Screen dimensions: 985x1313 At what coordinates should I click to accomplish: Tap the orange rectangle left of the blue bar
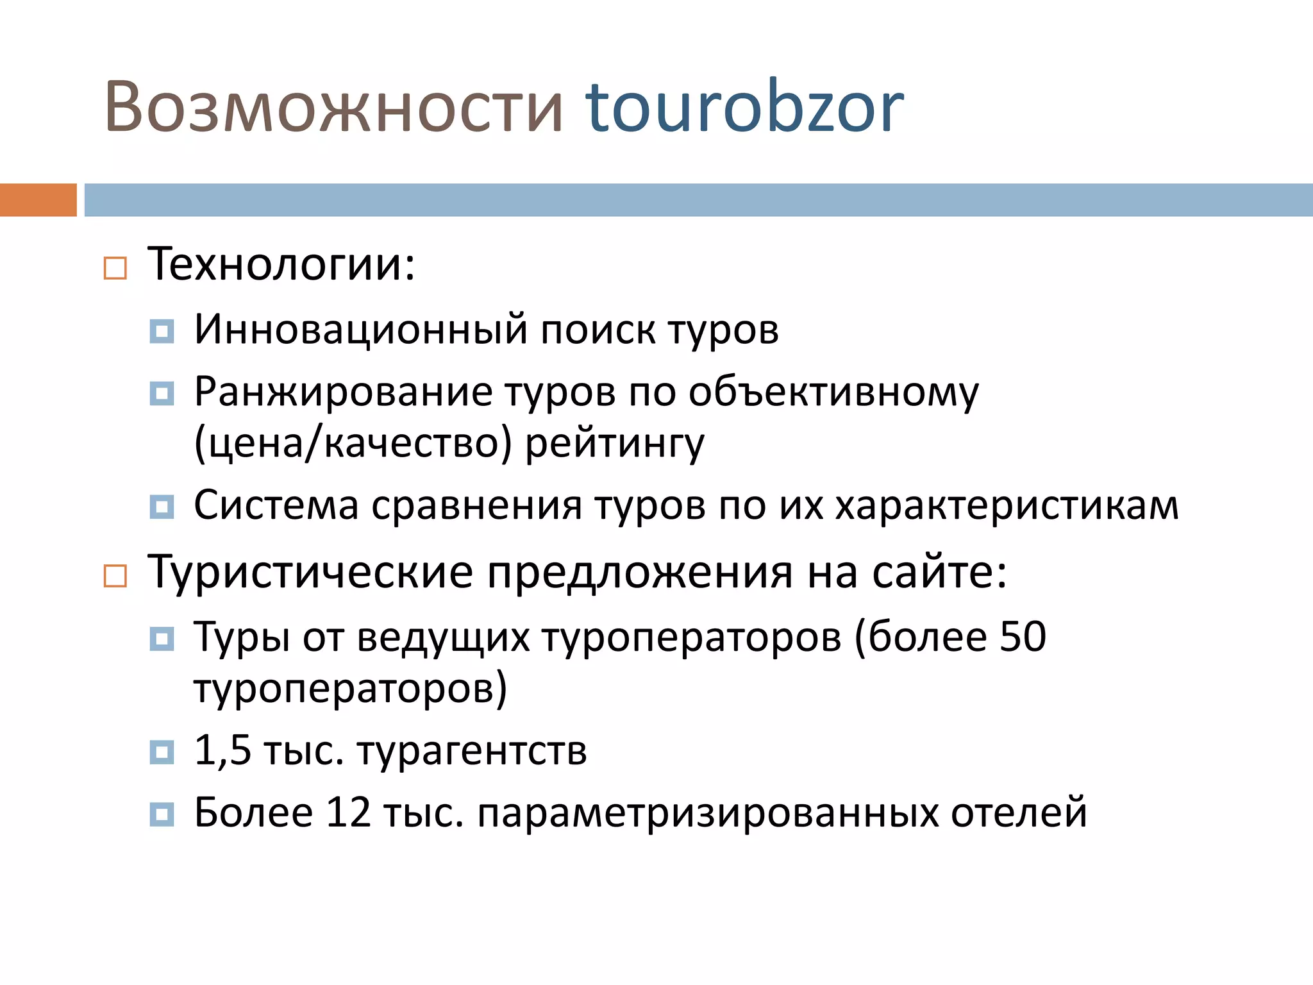click(38, 199)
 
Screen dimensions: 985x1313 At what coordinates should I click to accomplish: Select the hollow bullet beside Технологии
click(115, 268)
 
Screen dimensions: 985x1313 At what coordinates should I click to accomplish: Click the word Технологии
click(281, 264)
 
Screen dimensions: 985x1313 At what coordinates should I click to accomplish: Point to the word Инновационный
click(361, 330)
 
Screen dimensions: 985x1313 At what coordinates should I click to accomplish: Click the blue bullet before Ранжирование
click(162, 394)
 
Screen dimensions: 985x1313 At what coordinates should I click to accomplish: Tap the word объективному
click(833, 392)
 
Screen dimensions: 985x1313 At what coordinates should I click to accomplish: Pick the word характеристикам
click(1007, 505)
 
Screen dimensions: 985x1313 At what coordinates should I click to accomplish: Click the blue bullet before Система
click(162, 507)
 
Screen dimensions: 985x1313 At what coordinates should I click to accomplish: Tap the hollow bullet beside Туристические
click(115, 576)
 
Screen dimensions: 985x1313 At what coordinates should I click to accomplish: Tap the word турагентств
click(472, 751)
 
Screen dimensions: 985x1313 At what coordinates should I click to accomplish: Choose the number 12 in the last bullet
click(348, 812)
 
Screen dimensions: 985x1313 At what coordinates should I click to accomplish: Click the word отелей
click(1019, 812)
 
